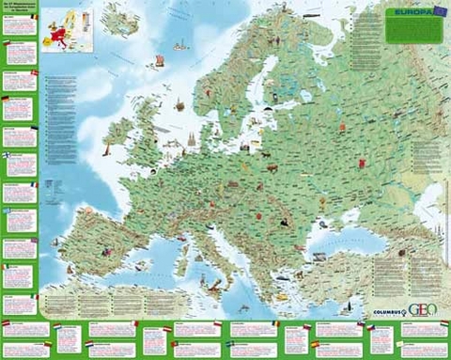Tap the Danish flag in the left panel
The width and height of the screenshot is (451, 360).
click(x=34, y=71)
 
